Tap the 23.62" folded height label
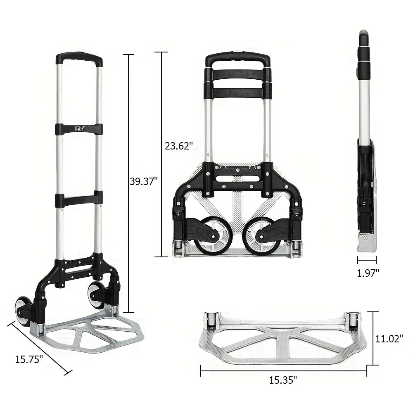pos(176,145)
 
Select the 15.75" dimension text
pos(29,359)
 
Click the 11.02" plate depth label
pos(389,339)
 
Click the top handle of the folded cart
pos(238,59)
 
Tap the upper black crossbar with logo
pos(79,128)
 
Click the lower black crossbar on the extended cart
pos(79,199)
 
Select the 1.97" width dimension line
pos(367,260)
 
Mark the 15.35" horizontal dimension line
pos(283,370)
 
